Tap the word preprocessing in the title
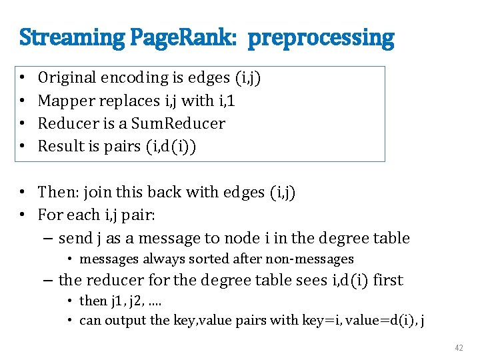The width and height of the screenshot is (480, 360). [321, 38]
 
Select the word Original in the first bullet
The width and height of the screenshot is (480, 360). [67, 78]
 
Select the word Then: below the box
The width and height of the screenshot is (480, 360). [57, 193]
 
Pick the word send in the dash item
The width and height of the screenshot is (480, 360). [74, 238]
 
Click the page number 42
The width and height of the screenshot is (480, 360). [458, 347]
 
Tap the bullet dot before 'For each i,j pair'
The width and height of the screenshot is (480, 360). [23, 215]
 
